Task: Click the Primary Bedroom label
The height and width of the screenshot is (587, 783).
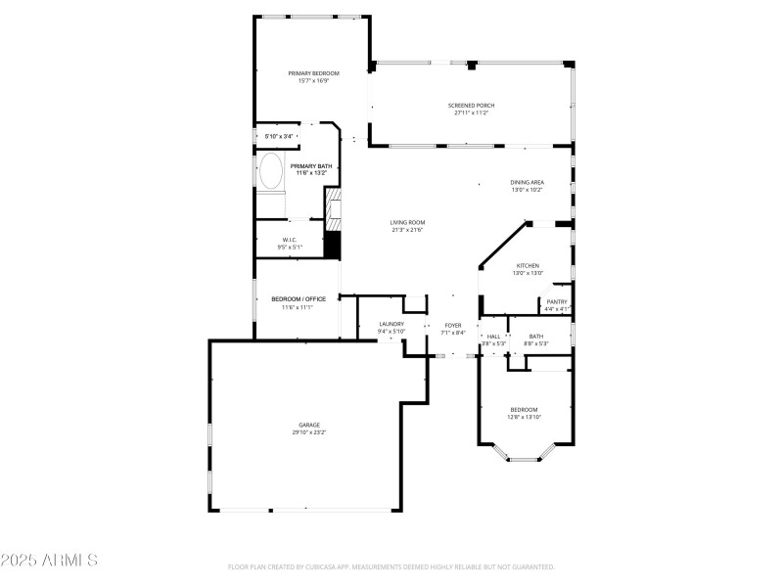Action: coord(313,73)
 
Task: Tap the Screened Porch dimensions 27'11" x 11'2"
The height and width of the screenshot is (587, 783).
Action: coord(471,113)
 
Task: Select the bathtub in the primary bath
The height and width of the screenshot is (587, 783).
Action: coord(271,173)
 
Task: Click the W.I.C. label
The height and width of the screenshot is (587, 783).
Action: coord(290,240)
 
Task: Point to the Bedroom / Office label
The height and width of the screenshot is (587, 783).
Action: coord(298,298)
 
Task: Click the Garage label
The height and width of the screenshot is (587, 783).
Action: coord(308,425)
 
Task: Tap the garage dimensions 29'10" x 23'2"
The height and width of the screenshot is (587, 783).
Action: coord(308,432)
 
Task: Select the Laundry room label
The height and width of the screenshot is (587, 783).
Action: coord(391,324)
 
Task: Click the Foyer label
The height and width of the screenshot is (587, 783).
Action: coord(453,324)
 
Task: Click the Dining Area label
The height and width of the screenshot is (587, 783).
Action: coord(527,182)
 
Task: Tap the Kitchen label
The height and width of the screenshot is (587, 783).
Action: coord(529,265)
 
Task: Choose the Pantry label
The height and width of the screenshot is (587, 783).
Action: coord(557,301)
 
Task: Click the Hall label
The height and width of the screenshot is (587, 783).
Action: coord(493,336)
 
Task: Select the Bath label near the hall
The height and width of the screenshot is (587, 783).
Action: coord(536,336)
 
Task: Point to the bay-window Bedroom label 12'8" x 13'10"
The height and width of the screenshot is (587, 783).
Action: coord(524,409)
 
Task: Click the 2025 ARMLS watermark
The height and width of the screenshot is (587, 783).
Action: coord(49,561)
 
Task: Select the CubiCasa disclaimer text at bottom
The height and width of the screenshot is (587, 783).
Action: coord(391,566)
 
